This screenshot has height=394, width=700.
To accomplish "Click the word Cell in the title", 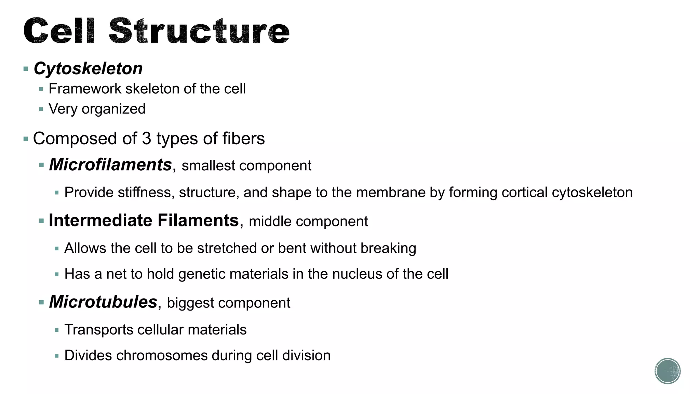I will coord(58,31).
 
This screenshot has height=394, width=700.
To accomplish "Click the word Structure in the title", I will coord(199,31).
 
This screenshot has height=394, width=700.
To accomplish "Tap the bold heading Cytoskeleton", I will coord(88,68).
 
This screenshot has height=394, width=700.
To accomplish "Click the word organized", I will coord(113,109).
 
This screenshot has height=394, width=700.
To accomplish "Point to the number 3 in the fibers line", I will coord(146,139).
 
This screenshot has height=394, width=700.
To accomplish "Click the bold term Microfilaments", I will coord(110,165).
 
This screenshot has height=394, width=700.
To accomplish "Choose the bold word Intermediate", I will coord(100,220).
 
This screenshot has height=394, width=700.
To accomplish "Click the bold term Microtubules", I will coord(103,302).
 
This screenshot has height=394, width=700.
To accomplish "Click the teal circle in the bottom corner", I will coord(668,371).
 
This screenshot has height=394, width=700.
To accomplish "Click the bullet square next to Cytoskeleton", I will coord(26,69).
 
